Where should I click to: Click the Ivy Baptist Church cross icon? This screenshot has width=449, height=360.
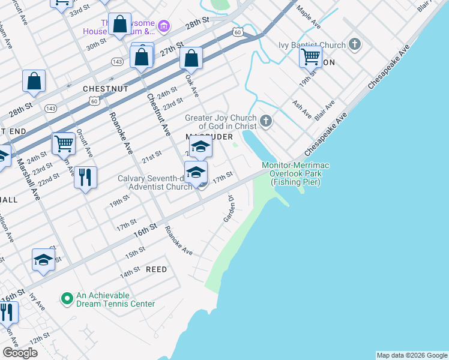point(355,44)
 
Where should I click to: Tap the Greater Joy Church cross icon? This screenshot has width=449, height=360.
point(265,122)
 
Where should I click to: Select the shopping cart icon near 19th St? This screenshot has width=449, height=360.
point(310,57)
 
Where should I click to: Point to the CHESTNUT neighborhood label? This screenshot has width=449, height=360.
point(106,88)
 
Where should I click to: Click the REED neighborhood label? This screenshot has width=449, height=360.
point(156,269)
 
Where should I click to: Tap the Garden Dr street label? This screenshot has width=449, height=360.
point(228,208)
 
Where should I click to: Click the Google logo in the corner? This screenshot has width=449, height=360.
point(20,353)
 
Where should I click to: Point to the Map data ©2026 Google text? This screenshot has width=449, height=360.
point(411,355)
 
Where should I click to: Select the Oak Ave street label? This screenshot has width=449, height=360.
point(191,85)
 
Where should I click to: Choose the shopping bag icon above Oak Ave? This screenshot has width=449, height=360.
point(191,59)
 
